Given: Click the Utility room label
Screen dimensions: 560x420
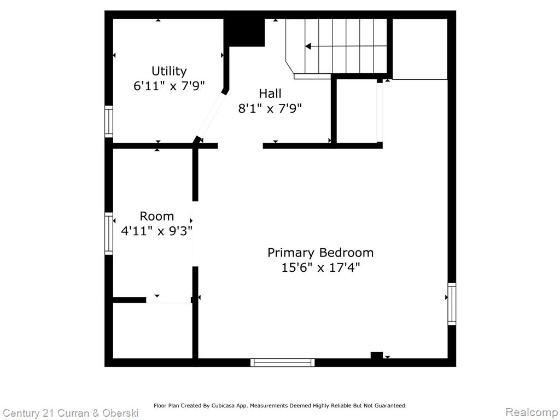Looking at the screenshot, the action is [169, 72].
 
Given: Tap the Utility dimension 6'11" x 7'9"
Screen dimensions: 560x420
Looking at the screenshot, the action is [169, 86].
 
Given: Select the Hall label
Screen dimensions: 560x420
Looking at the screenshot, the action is [270, 94].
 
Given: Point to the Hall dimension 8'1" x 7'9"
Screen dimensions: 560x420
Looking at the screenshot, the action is [270, 108].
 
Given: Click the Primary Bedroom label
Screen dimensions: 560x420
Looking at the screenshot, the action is [320, 253].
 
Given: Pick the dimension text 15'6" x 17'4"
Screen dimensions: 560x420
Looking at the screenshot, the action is [320, 267].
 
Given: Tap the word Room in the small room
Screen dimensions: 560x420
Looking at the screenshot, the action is [157, 217].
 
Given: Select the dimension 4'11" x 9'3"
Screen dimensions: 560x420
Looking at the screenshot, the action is [157, 231].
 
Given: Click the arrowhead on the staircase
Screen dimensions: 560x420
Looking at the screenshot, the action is [308, 46].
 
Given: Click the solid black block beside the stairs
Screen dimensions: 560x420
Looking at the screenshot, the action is [247, 32].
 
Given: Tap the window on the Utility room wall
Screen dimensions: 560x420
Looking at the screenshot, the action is [109, 121].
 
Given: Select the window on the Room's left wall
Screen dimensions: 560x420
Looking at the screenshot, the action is [109, 234].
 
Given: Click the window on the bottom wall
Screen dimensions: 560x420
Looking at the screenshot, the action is [283, 363].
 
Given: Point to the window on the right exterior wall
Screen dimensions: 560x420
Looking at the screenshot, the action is [452, 304].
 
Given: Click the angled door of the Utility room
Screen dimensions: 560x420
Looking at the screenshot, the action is [211, 115].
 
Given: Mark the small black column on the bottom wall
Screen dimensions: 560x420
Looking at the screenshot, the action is [376, 355].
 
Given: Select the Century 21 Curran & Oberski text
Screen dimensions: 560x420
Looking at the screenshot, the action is [71, 413].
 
